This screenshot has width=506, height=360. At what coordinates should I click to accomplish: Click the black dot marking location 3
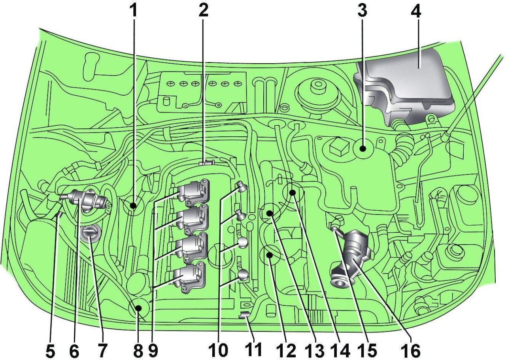coord(363,149)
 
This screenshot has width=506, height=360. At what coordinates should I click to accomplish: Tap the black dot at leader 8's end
coord(138,308)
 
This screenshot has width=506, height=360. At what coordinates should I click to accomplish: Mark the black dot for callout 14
coord(293,193)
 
